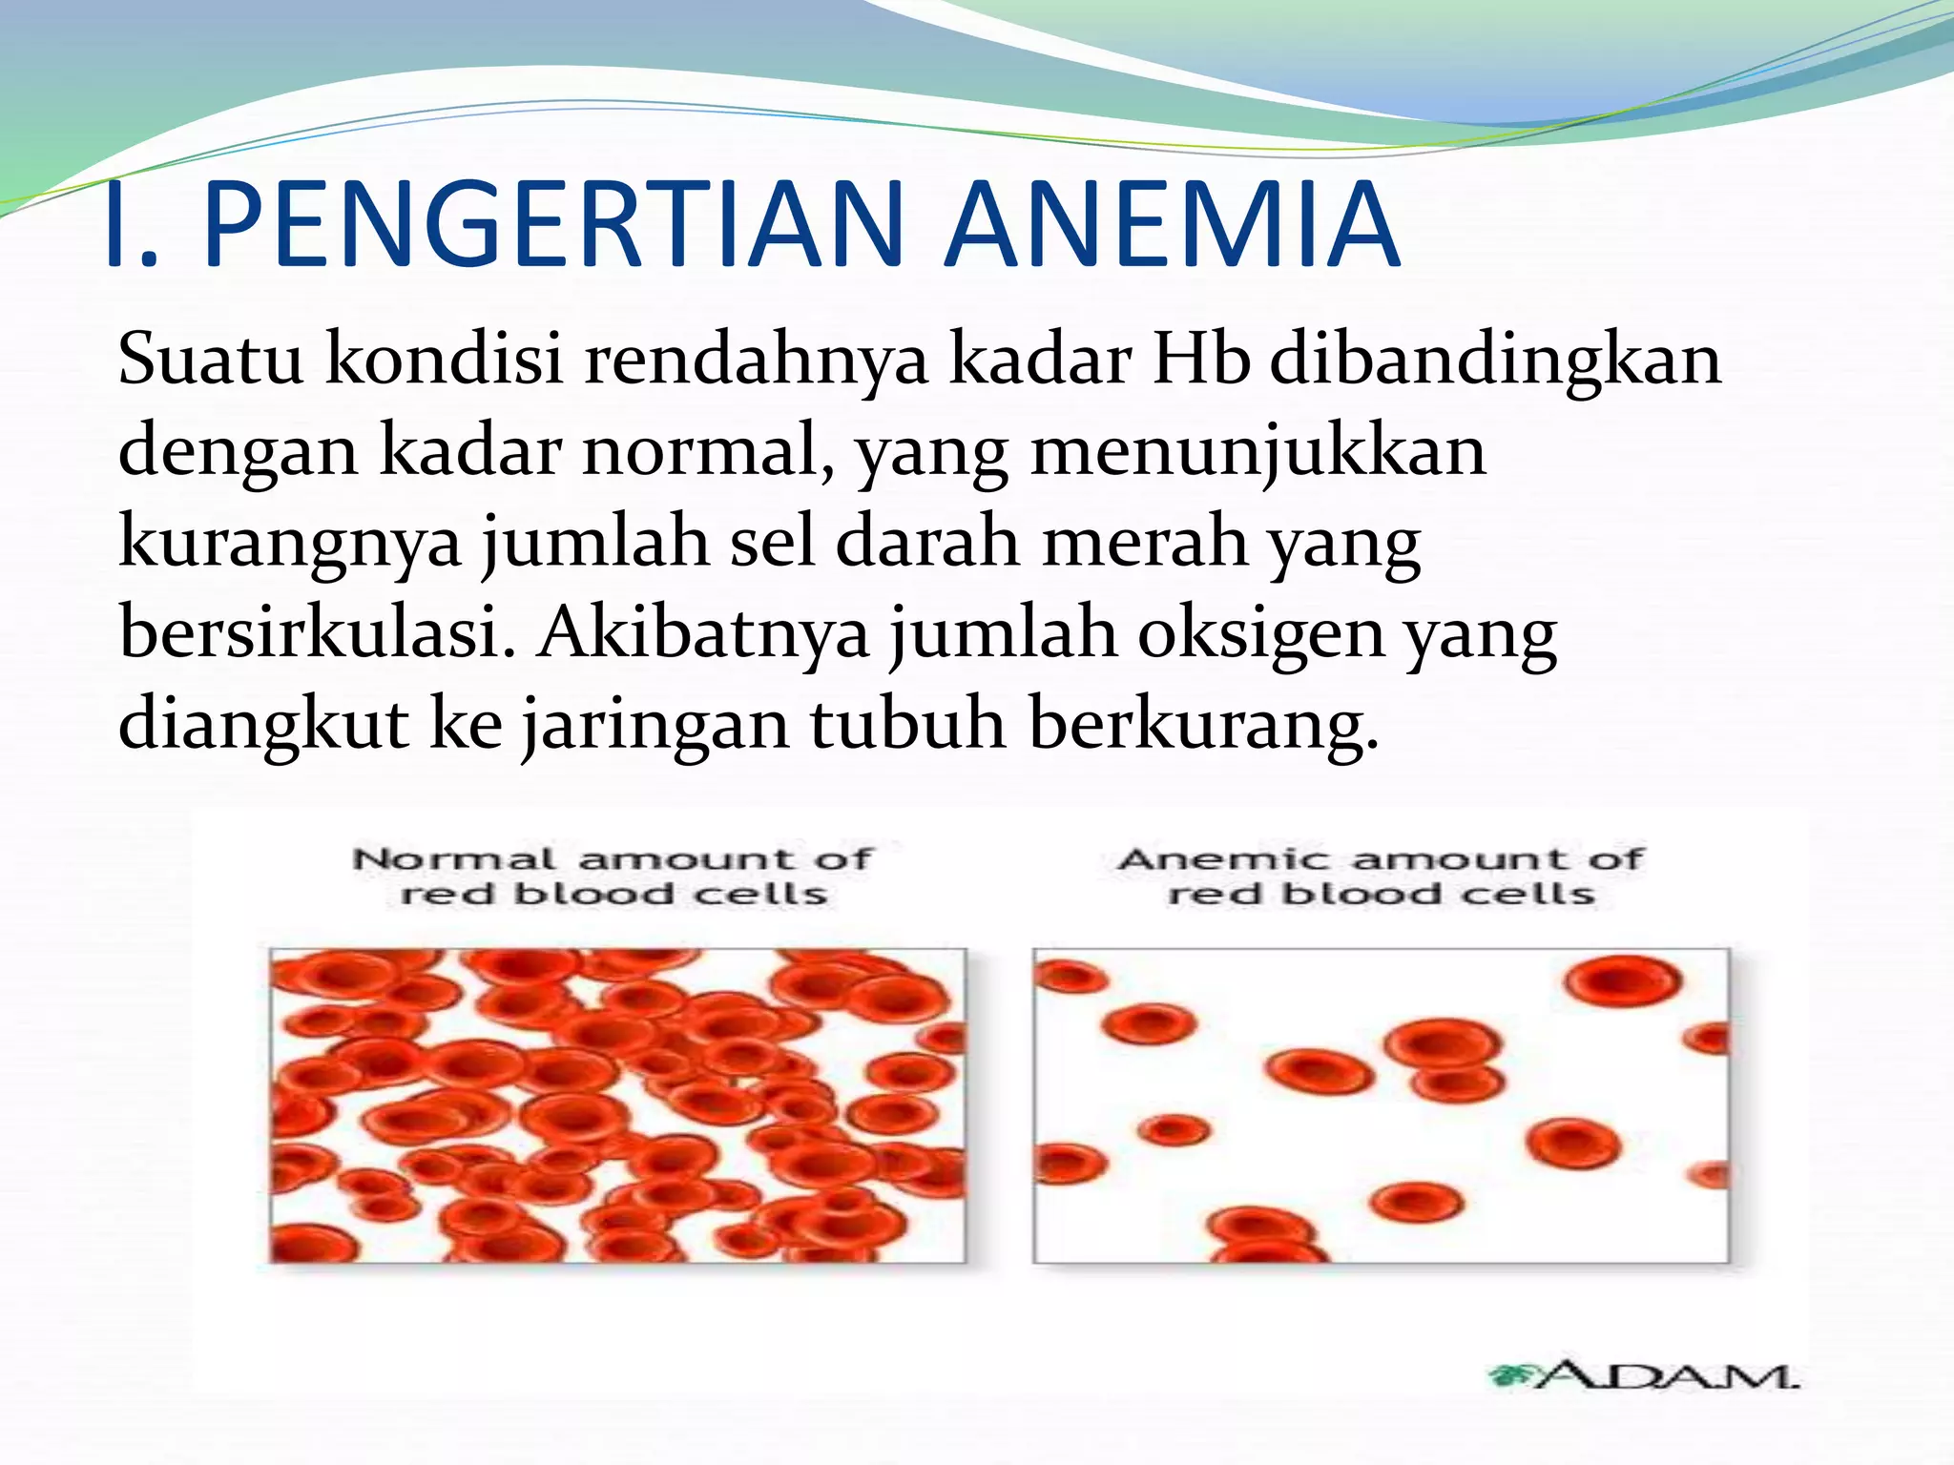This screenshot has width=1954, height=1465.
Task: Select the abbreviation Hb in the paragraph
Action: click(1201, 360)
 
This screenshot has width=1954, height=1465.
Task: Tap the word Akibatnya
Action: click(702, 633)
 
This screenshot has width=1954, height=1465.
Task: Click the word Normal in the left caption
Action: click(454, 859)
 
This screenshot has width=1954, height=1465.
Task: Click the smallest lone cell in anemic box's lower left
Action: click(1174, 1131)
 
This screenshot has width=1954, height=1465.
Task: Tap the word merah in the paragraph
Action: click(1145, 543)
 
